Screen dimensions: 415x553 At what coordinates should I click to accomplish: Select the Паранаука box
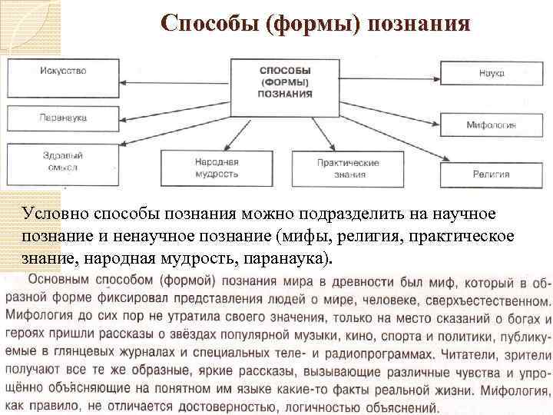(62, 118)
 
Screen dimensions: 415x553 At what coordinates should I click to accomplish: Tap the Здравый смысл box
(62, 161)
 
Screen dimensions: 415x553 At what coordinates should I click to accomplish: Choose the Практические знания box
(348, 168)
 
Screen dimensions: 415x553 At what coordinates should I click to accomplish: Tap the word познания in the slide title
(419, 25)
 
